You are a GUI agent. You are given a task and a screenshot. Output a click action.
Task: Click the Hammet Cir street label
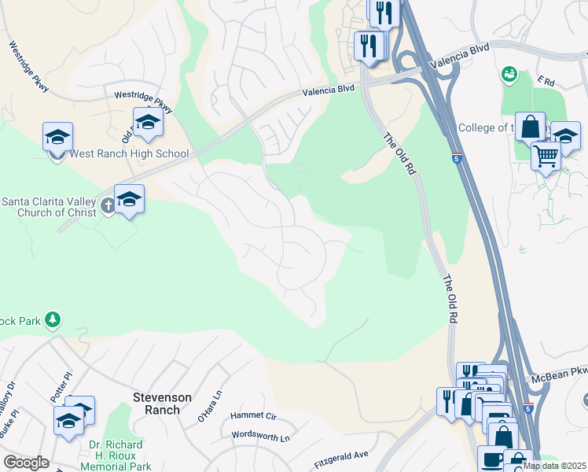pos(254,415)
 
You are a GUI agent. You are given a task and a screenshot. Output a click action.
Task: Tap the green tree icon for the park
pos(52,319)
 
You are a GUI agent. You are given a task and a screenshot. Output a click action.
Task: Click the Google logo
pos(26,463)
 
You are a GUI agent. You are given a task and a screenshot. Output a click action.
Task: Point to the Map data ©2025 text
pos(555,466)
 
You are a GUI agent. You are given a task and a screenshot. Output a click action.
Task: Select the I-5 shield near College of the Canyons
pos(457,157)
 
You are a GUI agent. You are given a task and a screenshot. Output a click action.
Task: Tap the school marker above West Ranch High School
pos(57,138)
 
